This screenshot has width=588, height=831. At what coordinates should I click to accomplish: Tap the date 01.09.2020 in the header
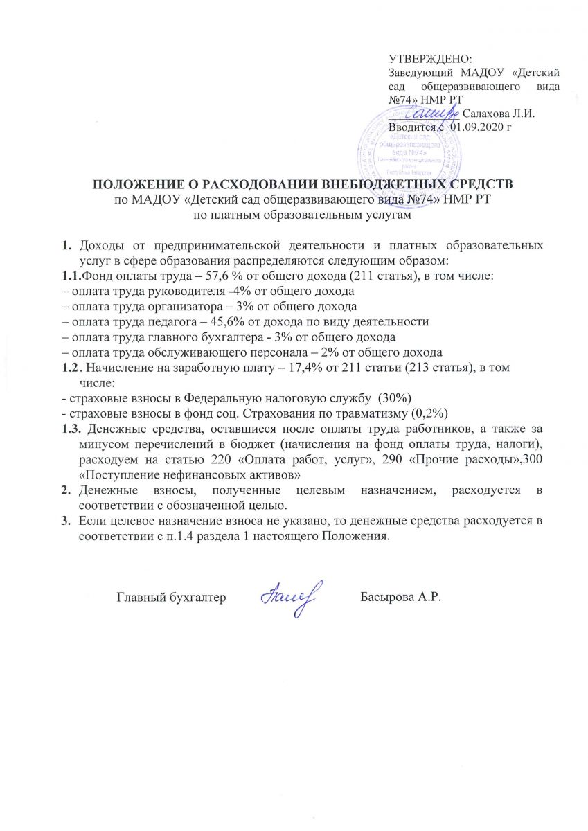478,127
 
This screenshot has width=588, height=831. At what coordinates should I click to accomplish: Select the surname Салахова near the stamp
485,113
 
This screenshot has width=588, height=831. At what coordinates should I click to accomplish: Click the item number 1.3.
72,429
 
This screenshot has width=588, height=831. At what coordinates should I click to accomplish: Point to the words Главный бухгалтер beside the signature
171,598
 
